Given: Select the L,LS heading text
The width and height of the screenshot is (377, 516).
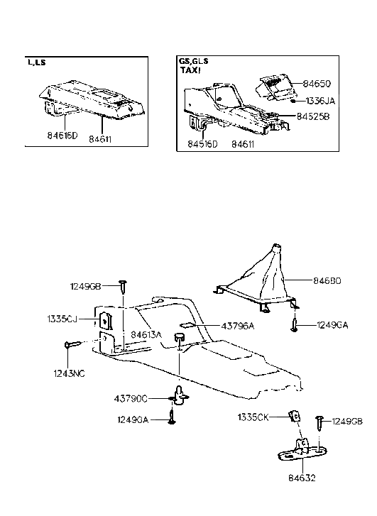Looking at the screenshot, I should coord(36,62).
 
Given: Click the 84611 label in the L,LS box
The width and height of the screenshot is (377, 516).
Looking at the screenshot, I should coord(99,140).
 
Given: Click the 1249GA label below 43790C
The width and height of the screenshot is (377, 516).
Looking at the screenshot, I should coord(132,419).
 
